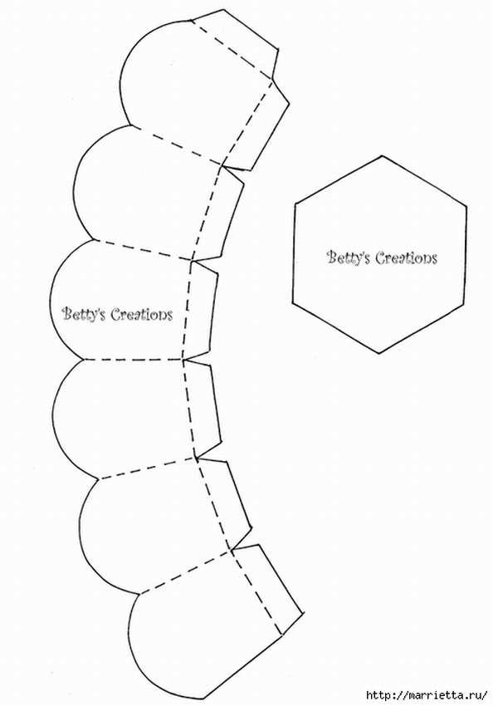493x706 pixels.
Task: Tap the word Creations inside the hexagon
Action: [x=406, y=257]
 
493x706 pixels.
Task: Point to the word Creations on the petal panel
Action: [x=141, y=314]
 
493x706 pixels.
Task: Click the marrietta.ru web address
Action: [x=427, y=694]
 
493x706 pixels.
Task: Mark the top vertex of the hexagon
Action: [x=382, y=156]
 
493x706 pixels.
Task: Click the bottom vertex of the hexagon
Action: [x=378, y=353]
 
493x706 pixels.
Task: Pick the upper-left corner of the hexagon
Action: [x=296, y=203]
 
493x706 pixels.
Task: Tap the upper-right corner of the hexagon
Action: [x=466, y=207]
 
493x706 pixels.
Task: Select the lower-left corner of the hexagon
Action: [x=293, y=303]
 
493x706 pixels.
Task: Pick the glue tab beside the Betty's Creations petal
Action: [x=202, y=311]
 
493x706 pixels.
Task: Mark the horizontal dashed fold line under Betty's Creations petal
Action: [x=133, y=360]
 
